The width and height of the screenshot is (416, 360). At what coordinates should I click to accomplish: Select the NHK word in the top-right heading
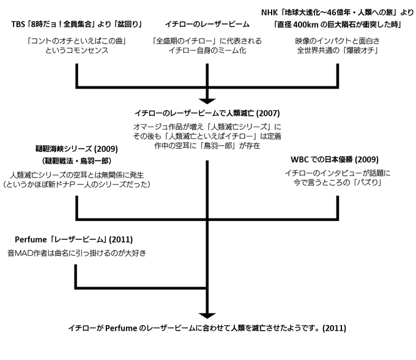(270, 12)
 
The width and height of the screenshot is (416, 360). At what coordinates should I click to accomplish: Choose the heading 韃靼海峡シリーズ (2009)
(76, 149)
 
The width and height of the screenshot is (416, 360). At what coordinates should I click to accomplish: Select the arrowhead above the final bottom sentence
(207, 313)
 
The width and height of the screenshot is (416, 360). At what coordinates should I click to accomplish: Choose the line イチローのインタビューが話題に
(336, 173)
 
